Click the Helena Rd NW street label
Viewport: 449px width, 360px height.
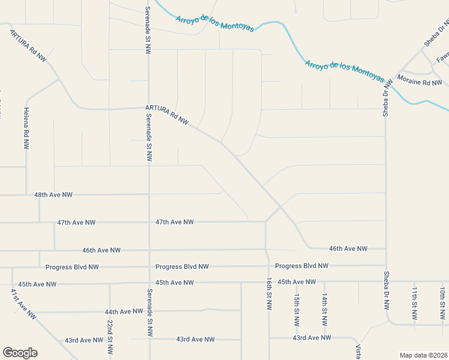coord(26,128)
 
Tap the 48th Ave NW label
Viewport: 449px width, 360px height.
coord(53,195)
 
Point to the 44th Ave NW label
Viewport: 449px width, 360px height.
coord(123,311)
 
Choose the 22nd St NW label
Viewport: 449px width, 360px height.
coord(110,337)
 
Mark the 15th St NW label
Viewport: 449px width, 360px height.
coord(297,310)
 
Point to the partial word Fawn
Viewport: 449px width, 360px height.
coord(442,58)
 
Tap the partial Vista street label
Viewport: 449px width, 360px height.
coord(358,352)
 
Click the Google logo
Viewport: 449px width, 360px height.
coord(20,353)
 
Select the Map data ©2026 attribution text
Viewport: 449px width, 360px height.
coord(423,355)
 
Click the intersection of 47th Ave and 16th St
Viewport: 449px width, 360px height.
coord(266,222)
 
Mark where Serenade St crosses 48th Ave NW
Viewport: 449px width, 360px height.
coord(149,194)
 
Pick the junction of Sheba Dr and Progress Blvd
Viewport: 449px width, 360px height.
coord(385,266)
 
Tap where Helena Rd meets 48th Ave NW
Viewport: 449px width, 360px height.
coord(26,195)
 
